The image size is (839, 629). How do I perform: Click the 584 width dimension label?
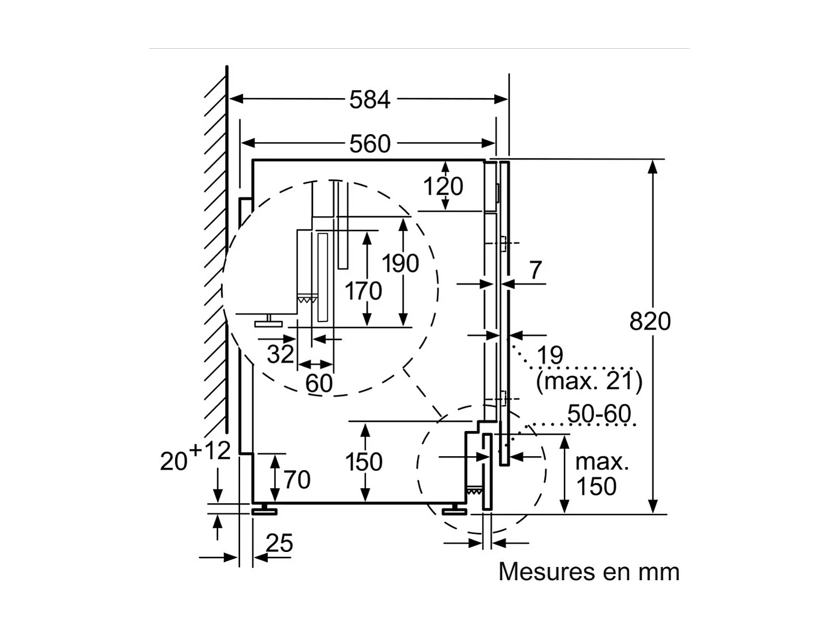[370, 100]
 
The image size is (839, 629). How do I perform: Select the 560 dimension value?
[370, 144]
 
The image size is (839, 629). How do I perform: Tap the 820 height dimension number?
[649, 321]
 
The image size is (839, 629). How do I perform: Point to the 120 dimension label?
[443, 187]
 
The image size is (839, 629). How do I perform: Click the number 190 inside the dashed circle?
[400, 264]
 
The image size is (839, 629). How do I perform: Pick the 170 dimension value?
[363, 291]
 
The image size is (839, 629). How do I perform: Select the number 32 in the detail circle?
[280, 355]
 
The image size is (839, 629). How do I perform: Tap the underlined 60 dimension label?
[318, 383]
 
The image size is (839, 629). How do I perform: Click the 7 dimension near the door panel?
[535, 270]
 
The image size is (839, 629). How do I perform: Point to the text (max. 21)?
[589, 381]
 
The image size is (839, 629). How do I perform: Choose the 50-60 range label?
[599, 414]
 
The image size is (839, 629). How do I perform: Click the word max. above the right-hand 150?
[602, 462]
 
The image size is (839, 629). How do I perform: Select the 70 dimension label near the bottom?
[297, 480]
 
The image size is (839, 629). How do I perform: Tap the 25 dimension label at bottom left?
[279, 544]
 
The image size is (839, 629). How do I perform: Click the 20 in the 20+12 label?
[173, 462]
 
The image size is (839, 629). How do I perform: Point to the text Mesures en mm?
[589, 572]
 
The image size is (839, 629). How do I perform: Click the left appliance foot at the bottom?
[264, 510]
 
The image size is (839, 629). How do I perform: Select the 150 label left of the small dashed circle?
[364, 462]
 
